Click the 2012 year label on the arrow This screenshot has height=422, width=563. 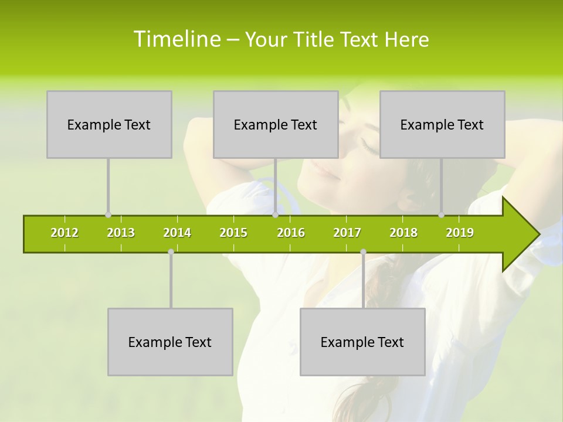click(x=65, y=233)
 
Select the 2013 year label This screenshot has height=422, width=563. click(x=121, y=233)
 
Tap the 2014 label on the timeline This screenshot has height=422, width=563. click(x=177, y=233)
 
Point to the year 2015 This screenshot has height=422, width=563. click(x=233, y=233)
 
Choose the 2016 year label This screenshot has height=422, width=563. click(x=291, y=233)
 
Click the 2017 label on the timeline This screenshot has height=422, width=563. click(x=347, y=233)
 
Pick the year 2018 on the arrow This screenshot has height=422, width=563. click(x=403, y=233)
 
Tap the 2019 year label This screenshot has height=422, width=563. click(x=460, y=233)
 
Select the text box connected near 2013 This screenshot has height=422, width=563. click(x=109, y=124)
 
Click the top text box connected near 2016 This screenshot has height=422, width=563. click(x=276, y=124)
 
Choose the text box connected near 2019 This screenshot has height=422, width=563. click(x=442, y=124)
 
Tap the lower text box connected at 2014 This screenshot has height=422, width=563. click(x=170, y=342)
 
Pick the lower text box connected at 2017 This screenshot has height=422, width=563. click(x=362, y=342)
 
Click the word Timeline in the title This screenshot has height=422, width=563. click(x=176, y=39)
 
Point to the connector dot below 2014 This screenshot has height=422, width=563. click(x=171, y=251)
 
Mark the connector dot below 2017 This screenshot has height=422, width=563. click(x=363, y=251)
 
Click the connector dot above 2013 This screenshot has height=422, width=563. click(x=108, y=215)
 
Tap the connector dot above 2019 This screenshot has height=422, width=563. click(x=441, y=215)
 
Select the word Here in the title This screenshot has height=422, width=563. click(x=406, y=39)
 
